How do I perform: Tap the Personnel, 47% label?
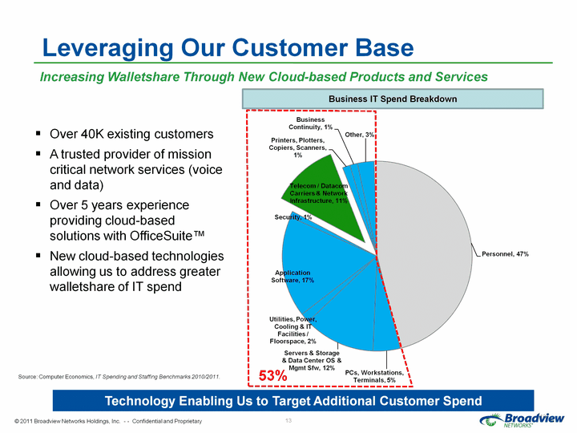tap(505, 254)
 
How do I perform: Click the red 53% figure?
tap(272, 375)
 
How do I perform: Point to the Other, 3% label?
tap(359, 135)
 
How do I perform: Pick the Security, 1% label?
tap(293, 217)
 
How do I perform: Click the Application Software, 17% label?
tap(293, 277)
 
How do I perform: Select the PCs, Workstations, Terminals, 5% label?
tap(374, 376)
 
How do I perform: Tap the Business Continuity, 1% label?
tap(311, 123)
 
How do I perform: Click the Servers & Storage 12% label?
tap(312, 361)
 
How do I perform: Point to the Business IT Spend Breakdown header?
tap(393, 99)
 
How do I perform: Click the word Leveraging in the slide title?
tap(108, 48)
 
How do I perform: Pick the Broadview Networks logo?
tap(522, 419)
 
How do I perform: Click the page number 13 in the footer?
tap(288, 420)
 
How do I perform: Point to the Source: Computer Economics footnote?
tap(119, 377)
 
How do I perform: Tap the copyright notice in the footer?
tap(108, 421)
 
